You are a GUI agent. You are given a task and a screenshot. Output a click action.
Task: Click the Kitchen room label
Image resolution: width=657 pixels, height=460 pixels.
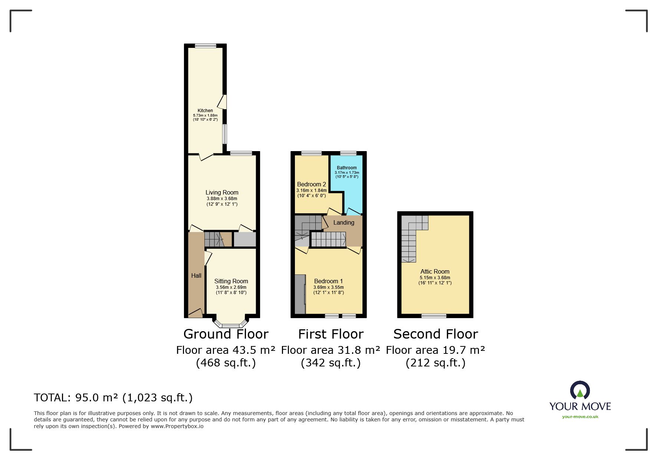click(205, 111)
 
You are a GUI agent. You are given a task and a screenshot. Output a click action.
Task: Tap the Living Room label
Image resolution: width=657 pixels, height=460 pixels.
click(222, 192)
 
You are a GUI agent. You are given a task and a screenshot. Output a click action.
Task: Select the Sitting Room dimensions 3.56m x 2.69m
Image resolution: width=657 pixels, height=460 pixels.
click(231, 287)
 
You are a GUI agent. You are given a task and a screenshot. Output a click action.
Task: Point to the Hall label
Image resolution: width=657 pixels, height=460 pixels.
click(196, 275)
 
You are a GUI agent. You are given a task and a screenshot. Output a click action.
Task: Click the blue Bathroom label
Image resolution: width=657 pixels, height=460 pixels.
click(347, 168)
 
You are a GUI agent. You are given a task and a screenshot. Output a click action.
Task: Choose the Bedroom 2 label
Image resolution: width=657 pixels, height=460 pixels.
click(312, 184)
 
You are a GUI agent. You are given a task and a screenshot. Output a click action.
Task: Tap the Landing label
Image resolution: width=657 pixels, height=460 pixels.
click(344, 222)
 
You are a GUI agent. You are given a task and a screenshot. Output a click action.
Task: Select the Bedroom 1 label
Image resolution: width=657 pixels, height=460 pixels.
click(329, 281)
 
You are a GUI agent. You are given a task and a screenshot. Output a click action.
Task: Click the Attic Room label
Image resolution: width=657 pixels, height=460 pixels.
click(435, 271)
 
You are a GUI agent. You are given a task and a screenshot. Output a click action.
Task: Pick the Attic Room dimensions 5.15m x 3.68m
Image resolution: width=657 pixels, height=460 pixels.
click(435, 278)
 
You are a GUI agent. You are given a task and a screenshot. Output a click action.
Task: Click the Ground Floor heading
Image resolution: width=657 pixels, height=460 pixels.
click(226, 334)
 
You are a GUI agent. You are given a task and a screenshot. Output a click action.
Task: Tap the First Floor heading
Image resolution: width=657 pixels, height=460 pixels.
click(331, 334)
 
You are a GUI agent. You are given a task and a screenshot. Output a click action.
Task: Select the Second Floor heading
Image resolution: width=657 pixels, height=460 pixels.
click(436, 334)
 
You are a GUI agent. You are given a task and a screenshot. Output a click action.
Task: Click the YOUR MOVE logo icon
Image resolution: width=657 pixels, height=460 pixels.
click(580, 391)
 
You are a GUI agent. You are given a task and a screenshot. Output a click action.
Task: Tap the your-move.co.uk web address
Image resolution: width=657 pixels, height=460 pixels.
click(580, 417)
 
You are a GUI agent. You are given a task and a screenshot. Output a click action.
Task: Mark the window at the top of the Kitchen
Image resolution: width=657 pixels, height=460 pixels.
click(206, 46)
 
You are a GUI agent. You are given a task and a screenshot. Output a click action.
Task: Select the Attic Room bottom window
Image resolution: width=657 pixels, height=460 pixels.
click(434, 316)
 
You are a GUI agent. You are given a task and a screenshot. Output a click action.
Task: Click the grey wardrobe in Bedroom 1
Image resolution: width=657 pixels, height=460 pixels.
click(300, 294)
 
